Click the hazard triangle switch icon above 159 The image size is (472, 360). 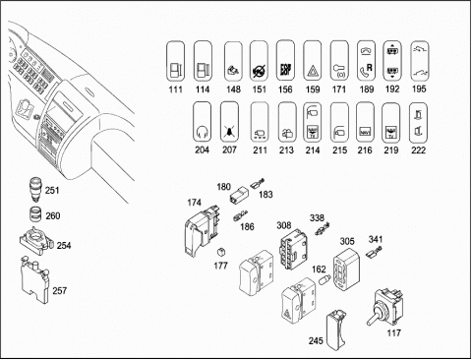312,61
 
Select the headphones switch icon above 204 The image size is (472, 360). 202,122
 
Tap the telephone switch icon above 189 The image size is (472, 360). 366,61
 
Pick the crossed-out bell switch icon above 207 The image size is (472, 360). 229,122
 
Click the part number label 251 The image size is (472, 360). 52,190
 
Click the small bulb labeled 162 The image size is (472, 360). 324,281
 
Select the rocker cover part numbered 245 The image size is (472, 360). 336,330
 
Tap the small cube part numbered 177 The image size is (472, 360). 221,252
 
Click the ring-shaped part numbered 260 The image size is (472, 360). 35,214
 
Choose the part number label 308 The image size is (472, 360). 283,225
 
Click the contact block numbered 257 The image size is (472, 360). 34,279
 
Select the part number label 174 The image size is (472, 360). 194,203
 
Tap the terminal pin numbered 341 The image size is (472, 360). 374,253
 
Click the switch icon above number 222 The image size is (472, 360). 418,123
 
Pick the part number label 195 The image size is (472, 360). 419,90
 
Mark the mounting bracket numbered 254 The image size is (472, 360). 35,241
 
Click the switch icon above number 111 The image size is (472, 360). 175,61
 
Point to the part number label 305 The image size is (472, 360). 347,242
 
